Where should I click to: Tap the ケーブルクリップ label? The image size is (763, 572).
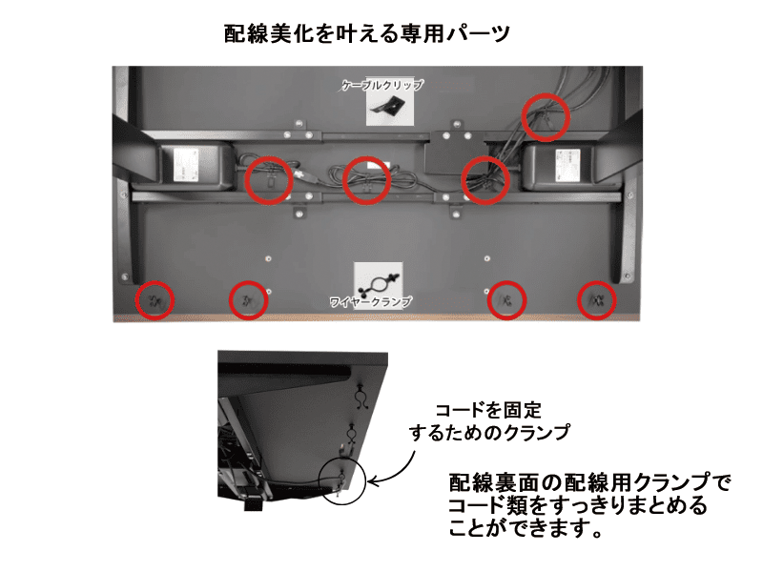tap(381, 85)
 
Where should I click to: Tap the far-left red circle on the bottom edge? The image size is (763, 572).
tap(154, 300)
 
